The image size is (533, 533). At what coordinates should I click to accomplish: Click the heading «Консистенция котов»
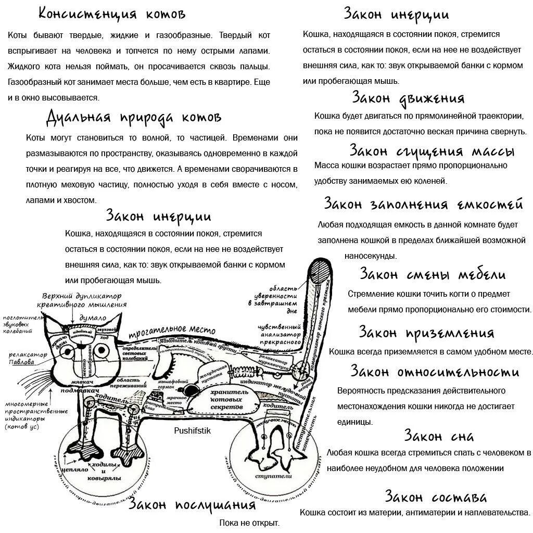pyautogui.click(x=112, y=14)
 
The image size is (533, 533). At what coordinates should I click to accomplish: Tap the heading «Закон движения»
pyautogui.click(x=408, y=97)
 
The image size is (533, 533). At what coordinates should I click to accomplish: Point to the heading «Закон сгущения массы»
pyautogui.click(x=432, y=151)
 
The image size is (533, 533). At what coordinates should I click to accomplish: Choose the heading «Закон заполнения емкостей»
pyautogui.click(x=423, y=204)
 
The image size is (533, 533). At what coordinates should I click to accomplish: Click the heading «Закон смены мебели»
pyautogui.click(x=433, y=274)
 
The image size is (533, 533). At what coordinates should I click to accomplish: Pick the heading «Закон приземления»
pyautogui.click(x=426, y=332)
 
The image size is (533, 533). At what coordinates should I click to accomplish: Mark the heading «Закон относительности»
pyautogui.click(x=435, y=372)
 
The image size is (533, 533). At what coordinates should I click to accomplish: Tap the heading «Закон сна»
pyautogui.click(x=439, y=435)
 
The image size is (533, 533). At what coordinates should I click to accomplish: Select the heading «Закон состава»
pyautogui.click(x=436, y=496)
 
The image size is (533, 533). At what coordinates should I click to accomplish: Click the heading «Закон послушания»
pyautogui.click(x=193, y=504)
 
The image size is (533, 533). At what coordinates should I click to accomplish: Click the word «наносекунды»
pyautogui.click(x=370, y=256)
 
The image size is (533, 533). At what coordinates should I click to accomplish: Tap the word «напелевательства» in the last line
pyautogui.click(x=496, y=512)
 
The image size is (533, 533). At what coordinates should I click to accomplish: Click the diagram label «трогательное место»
pyautogui.click(x=172, y=330)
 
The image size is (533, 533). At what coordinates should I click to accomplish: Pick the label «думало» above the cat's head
pyautogui.click(x=93, y=318)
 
